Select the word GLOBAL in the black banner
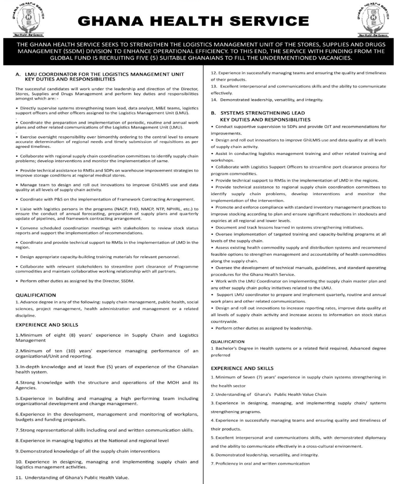[60, 58]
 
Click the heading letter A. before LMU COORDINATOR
[18, 74]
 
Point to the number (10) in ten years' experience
[68, 351]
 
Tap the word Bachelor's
[230, 348]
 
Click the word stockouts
[356, 214]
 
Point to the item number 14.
[214, 100]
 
